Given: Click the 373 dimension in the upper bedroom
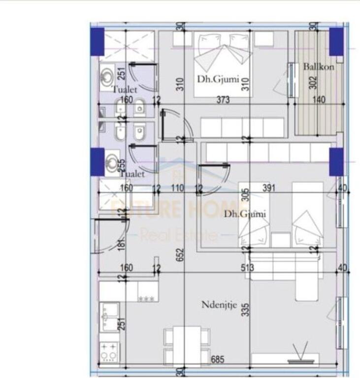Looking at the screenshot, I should [x=223, y=100].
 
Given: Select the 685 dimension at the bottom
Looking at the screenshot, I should [x=218, y=360].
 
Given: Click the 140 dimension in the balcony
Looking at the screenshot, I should [x=319, y=100].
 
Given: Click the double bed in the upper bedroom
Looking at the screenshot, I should [x=222, y=63].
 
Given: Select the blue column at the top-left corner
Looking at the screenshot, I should [x=98, y=41].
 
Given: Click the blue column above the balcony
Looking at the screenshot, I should [x=336, y=41].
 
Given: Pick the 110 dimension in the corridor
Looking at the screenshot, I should [x=178, y=188].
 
